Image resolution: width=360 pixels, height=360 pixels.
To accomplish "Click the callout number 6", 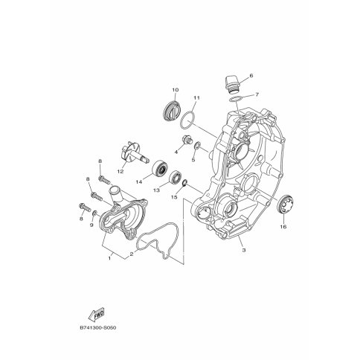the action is click(x=251, y=76).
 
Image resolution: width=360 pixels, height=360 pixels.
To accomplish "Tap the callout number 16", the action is click(x=283, y=226).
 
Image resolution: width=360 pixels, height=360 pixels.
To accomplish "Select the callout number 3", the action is click(x=244, y=250).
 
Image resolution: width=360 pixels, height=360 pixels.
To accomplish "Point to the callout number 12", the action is click(x=120, y=171).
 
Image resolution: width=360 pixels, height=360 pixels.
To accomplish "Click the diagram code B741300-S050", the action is click(x=98, y=328).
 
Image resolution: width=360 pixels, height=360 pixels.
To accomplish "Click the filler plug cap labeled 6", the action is click(x=231, y=84).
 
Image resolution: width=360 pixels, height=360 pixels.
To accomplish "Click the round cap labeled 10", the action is click(x=172, y=110).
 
